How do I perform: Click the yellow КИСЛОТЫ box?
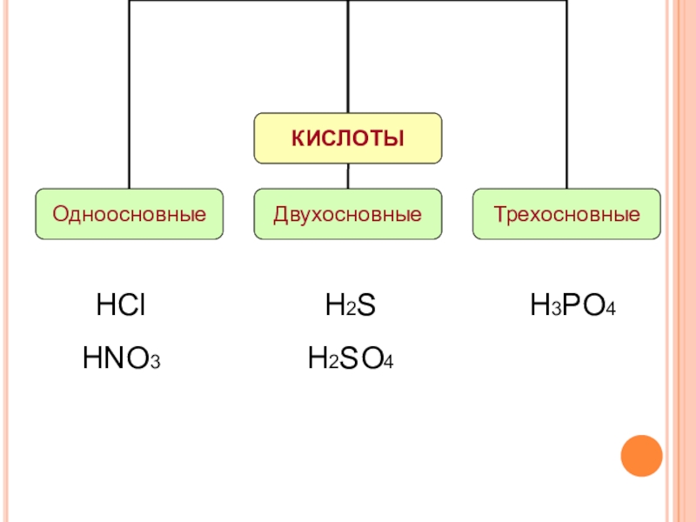pyautogui.click(x=348, y=138)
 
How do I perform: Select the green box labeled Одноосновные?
pyautogui.click(x=129, y=214)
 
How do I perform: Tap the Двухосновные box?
pyautogui.click(x=348, y=214)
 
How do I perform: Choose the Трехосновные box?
pyautogui.click(x=566, y=214)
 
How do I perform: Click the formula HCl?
pyautogui.click(x=120, y=306)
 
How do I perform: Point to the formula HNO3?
pyautogui.click(x=122, y=358)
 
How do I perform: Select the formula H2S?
pyautogui.click(x=350, y=306)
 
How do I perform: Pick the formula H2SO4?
pyautogui.click(x=351, y=358)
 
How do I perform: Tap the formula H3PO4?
pyautogui.click(x=572, y=306)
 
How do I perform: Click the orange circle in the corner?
pyautogui.click(x=642, y=456)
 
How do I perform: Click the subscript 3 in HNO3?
pyautogui.click(x=156, y=362)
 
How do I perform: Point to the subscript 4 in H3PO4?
pyautogui.click(x=612, y=311)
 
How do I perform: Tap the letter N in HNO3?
pyautogui.click(x=115, y=358)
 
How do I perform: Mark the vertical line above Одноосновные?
pyautogui.click(x=129, y=96)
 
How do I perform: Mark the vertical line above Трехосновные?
pyautogui.click(x=566, y=96)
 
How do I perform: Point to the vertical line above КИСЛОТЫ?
pyautogui.click(x=348, y=57)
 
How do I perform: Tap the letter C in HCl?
pyautogui.click(x=124, y=306)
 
